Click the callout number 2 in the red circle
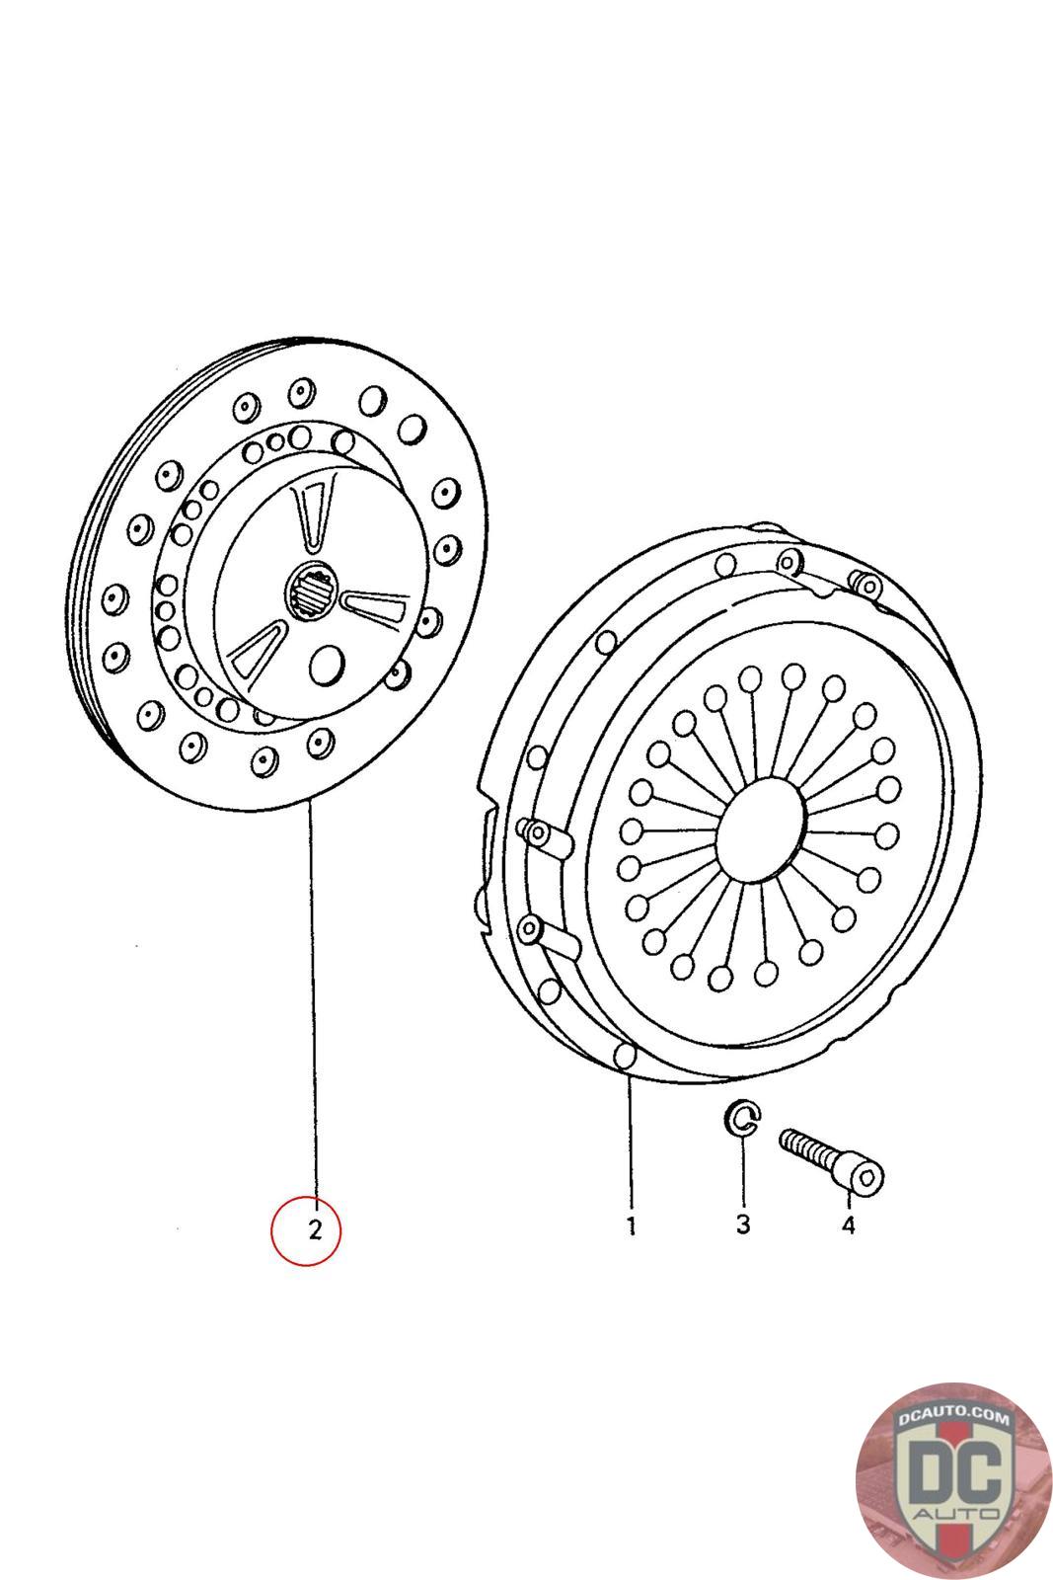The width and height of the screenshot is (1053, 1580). [315, 1229]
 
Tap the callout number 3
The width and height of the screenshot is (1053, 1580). [743, 1224]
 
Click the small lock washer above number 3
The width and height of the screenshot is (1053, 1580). [742, 1118]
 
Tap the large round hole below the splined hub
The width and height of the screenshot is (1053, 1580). [327, 664]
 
